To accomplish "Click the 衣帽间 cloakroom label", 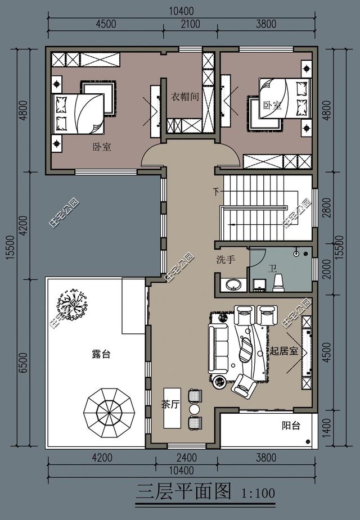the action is click(x=185, y=97).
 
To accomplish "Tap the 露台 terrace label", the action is click(x=101, y=354).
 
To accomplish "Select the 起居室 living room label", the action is click(x=283, y=351).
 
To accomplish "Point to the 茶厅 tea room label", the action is click(x=170, y=405).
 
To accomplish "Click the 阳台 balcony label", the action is click(x=291, y=426).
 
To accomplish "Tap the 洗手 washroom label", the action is click(x=226, y=260).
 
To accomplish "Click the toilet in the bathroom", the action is click(x=278, y=283).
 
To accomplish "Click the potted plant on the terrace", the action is click(x=72, y=305).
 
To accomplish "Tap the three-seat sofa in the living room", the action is click(x=218, y=348).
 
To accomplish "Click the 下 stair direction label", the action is click(x=216, y=192).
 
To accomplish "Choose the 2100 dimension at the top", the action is click(x=191, y=24).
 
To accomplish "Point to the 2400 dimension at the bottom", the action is click(x=187, y=458).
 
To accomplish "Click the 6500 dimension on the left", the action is click(x=23, y=363).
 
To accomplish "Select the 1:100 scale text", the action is click(x=258, y=493).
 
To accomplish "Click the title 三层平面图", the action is click(x=184, y=491).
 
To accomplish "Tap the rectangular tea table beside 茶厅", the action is click(x=172, y=408).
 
